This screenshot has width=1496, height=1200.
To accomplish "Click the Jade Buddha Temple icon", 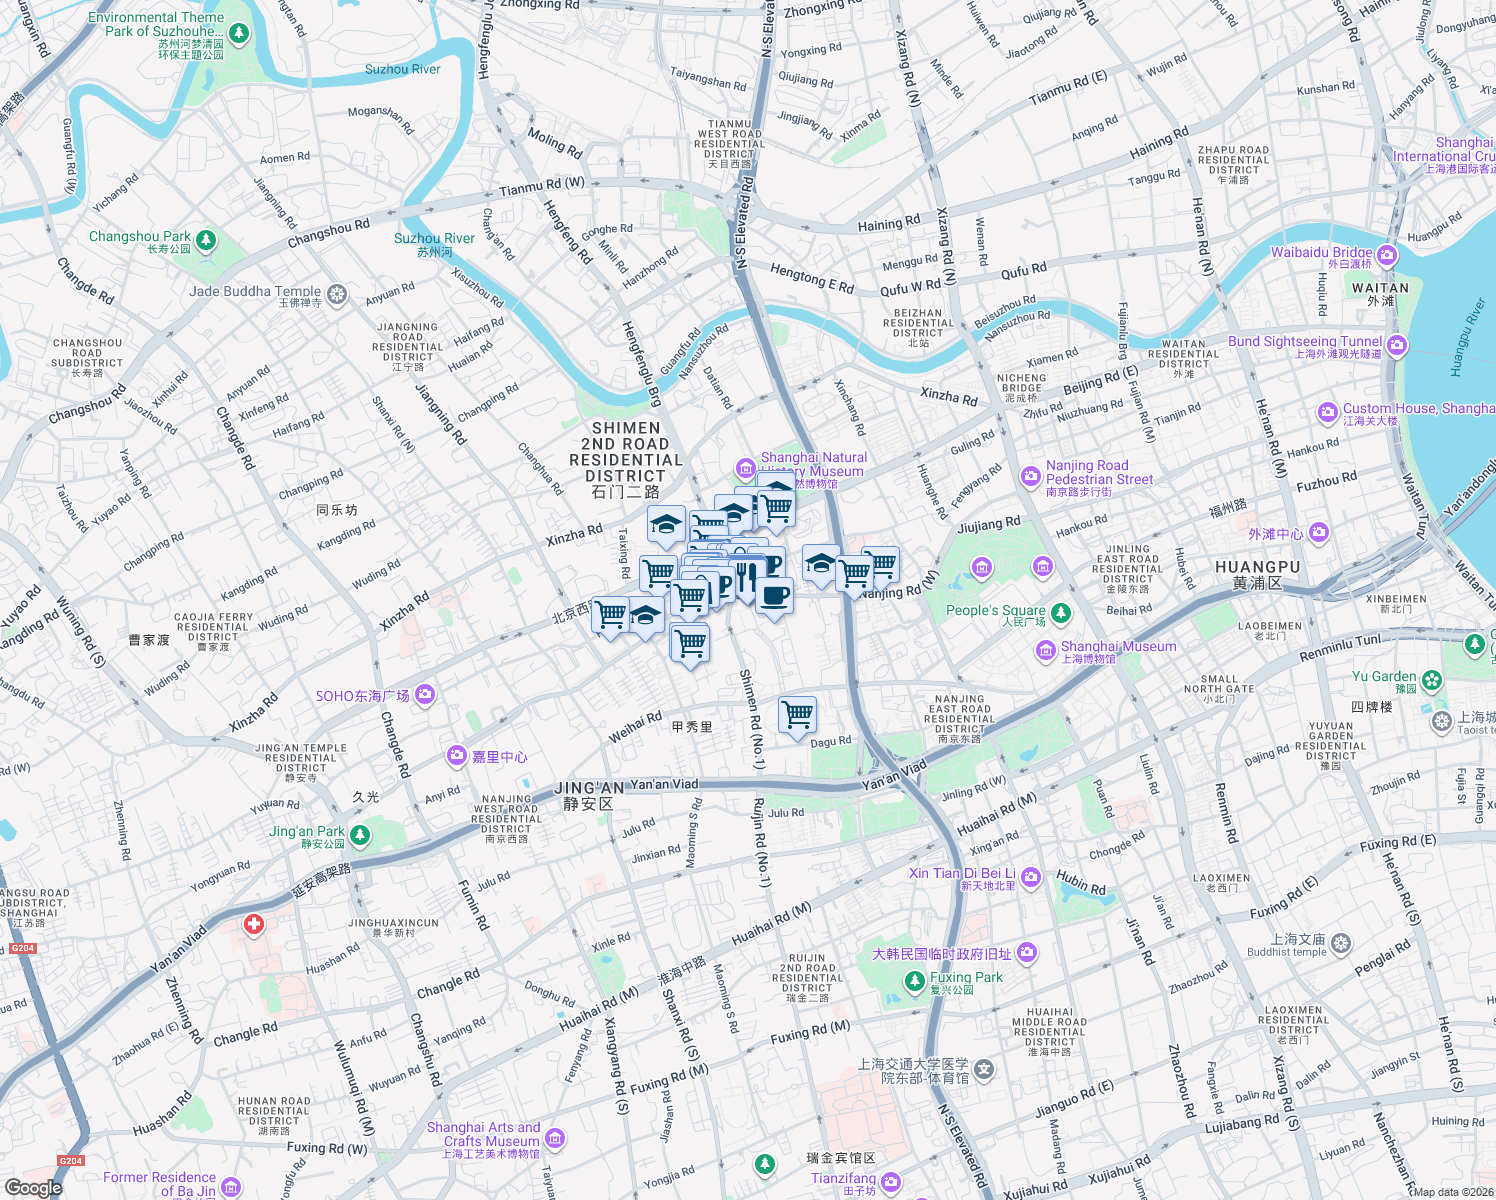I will coord(337,294).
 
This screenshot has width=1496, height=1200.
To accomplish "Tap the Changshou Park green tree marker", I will coord(206,240).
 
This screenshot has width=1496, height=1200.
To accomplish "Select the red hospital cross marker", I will coord(254,924).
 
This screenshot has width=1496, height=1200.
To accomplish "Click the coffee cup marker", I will coord(774,597).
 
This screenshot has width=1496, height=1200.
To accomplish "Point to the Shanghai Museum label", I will coord(1118,647).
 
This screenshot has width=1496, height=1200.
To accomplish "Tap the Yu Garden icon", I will coord(1432,680).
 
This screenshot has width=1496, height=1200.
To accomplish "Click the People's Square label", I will coord(995,610).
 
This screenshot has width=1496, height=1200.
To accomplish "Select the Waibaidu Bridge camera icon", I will coord(1386,256).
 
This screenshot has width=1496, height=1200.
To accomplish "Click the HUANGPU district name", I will coord(1257,567).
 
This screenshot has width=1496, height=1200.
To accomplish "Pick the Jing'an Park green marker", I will coord(360,835).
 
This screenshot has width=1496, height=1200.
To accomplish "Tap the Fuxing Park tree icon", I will coord(914,981).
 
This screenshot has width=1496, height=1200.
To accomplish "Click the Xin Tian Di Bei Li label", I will coord(961,873).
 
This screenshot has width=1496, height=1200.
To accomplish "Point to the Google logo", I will coord(33,1188).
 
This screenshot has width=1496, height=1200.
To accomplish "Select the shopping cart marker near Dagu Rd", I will coord(797,715).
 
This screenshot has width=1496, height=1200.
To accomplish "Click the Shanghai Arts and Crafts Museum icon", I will coord(555,1138).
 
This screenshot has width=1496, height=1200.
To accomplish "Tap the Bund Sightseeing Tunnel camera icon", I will coord(1397,346).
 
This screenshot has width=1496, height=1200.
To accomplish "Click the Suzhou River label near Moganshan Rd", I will coord(402,69).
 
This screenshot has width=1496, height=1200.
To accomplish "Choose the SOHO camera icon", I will coord(425,694).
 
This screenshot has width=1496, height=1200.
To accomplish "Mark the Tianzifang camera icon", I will coord(890,1182).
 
